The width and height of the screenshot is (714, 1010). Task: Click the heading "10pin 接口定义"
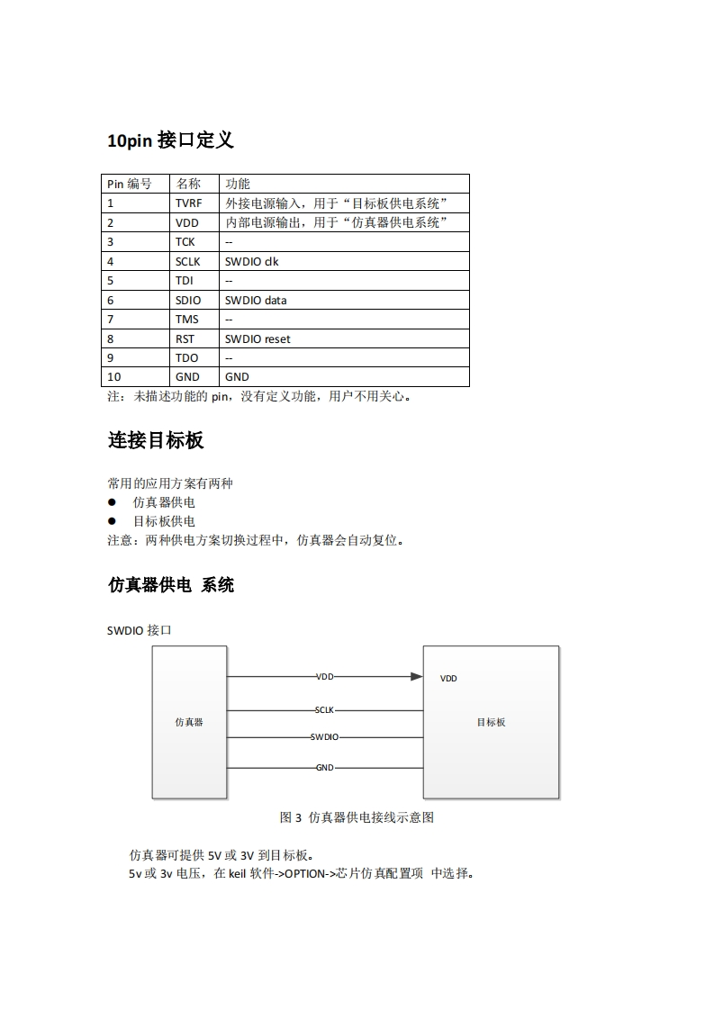pos(170,140)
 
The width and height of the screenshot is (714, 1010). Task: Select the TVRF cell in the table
pos(189,203)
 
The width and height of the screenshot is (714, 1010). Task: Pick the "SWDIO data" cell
pos(256,300)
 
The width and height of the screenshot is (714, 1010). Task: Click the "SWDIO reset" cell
pos(258,338)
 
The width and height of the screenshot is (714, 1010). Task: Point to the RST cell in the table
pos(185,338)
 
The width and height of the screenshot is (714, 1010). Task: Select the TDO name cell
pos(186,357)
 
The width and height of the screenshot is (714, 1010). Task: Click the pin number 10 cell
pos(114,377)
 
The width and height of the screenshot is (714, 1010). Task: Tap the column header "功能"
pos(238,184)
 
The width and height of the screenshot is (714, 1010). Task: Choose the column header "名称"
pos(188,184)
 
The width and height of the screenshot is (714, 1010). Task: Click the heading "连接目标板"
pos(156,440)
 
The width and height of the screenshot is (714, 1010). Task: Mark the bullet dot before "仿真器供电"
pos(113,502)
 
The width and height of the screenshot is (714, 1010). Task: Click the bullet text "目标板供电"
pos(164,521)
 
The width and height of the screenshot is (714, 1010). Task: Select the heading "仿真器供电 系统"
pos(171,585)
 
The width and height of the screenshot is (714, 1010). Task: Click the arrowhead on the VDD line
pos(416,676)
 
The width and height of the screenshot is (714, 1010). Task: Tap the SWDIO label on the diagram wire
pos(324,737)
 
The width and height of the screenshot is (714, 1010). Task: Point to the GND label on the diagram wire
pos(325,768)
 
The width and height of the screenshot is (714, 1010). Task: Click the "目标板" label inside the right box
pos(491,722)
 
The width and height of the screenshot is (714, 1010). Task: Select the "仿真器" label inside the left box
pos(189,722)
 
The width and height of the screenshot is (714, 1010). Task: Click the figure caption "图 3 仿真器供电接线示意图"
pos(357,817)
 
